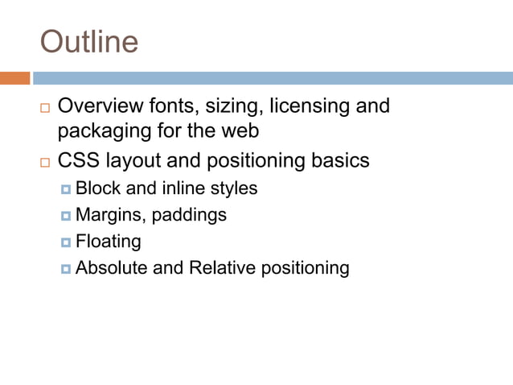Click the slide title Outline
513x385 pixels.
click(89, 42)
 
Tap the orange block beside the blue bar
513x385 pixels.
click(14, 78)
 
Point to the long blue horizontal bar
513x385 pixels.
click(273, 78)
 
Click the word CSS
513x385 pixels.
click(78, 160)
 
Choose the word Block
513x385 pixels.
click(93, 188)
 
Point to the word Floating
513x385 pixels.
click(108, 242)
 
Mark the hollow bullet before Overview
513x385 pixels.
click(45, 107)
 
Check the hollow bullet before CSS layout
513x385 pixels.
click(45, 162)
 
